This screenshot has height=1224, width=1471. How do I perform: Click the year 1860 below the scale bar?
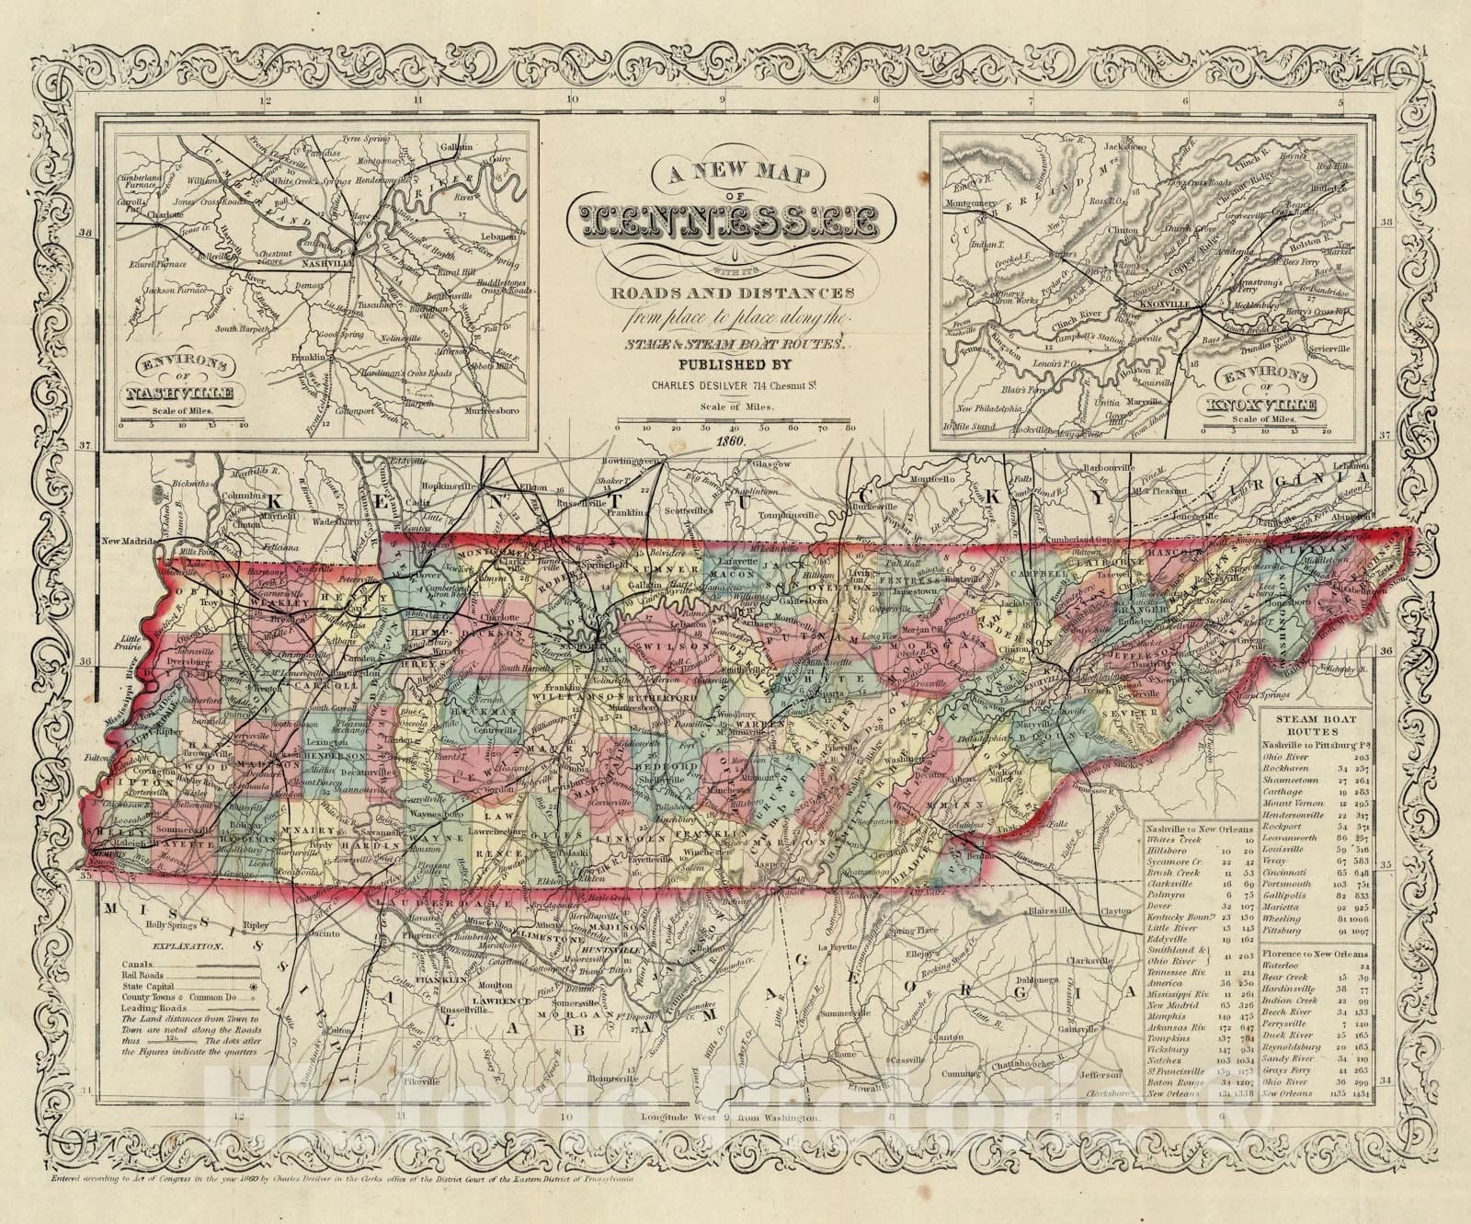(735, 440)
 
